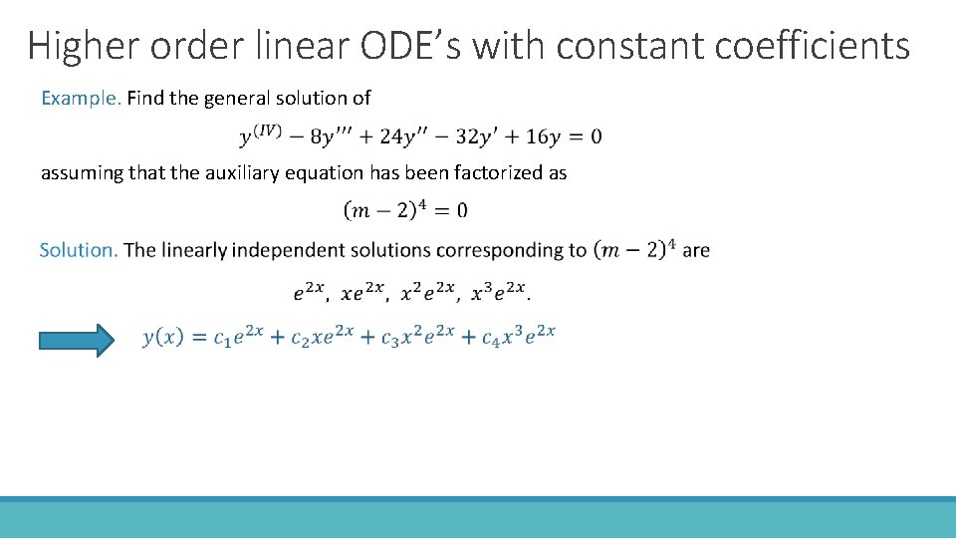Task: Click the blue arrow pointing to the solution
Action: tap(76, 340)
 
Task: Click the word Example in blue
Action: tap(80, 98)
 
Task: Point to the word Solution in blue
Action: tap(78, 249)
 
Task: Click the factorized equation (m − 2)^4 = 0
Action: tap(405, 210)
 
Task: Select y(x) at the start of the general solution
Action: tap(163, 337)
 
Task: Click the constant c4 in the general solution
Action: tap(490, 339)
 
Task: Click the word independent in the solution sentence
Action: tap(290, 249)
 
